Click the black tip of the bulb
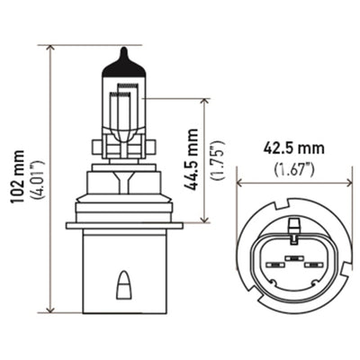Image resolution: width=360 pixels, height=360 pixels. [x=121, y=64]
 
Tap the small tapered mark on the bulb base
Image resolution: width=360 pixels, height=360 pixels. [x=121, y=287]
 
